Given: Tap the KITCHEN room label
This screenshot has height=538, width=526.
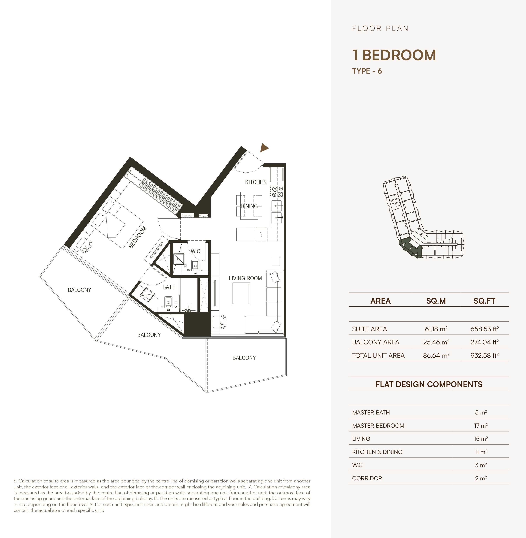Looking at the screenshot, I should pyautogui.click(x=256, y=182).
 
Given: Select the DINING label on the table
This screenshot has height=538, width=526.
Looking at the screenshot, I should pyautogui.click(x=249, y=206).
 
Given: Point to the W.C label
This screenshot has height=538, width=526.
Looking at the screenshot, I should pyautogui.click(x=195, y=251).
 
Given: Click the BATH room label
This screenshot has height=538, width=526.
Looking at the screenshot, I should pyautogui.click(x=169, y=287).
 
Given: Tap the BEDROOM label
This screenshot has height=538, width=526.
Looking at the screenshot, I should pyautogui.click(x=137, y=237).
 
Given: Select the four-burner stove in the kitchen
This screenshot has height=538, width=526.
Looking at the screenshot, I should pyautogui.click(x=277, y=191).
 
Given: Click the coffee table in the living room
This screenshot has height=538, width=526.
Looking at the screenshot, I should pyautogui.click(x=241, y=293).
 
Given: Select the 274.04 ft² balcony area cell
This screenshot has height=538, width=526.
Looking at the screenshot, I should pyautogui.click(x=484, y=342).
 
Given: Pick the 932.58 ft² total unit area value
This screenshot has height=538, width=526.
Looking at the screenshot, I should pyautogui.click(x=484, y=355).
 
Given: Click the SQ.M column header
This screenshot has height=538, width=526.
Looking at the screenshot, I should pyautogui.click(x=436, y=301).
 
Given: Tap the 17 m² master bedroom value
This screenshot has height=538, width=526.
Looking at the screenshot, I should pyautogui.click(x=481, y=426).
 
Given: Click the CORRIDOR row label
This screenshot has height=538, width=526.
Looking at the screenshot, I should pyautogui.click(x=367, y=478).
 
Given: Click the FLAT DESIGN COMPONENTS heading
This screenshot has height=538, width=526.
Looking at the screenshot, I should pyautogui.click(x=429, y=384).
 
